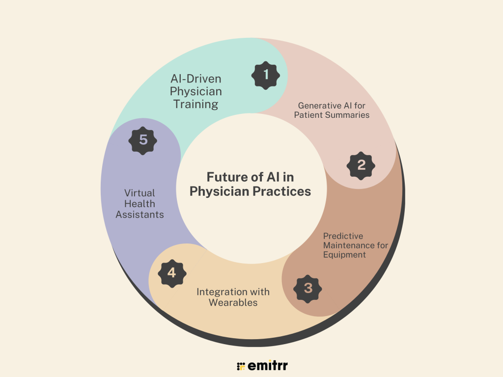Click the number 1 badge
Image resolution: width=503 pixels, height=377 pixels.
pos(266,75)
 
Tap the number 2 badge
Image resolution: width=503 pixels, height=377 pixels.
pos(361,165)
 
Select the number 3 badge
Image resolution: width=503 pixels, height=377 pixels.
pos(308,288)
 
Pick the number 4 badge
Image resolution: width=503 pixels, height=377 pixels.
pos(171,272)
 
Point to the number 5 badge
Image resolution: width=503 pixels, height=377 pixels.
pos(143,140)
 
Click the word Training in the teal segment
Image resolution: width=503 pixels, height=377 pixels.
pos(196,104)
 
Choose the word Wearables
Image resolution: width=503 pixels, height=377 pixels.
pos(233,302)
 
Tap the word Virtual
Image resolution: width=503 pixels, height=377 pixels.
pos(139,193)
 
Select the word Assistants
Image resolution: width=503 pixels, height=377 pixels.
pos(140,215)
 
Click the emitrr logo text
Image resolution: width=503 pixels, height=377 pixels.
pos(268,365)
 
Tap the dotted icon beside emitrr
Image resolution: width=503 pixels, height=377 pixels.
pos(241,366)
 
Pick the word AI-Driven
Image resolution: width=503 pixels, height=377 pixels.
pos(196,79)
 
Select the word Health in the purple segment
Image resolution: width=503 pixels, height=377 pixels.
pos(140,204)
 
